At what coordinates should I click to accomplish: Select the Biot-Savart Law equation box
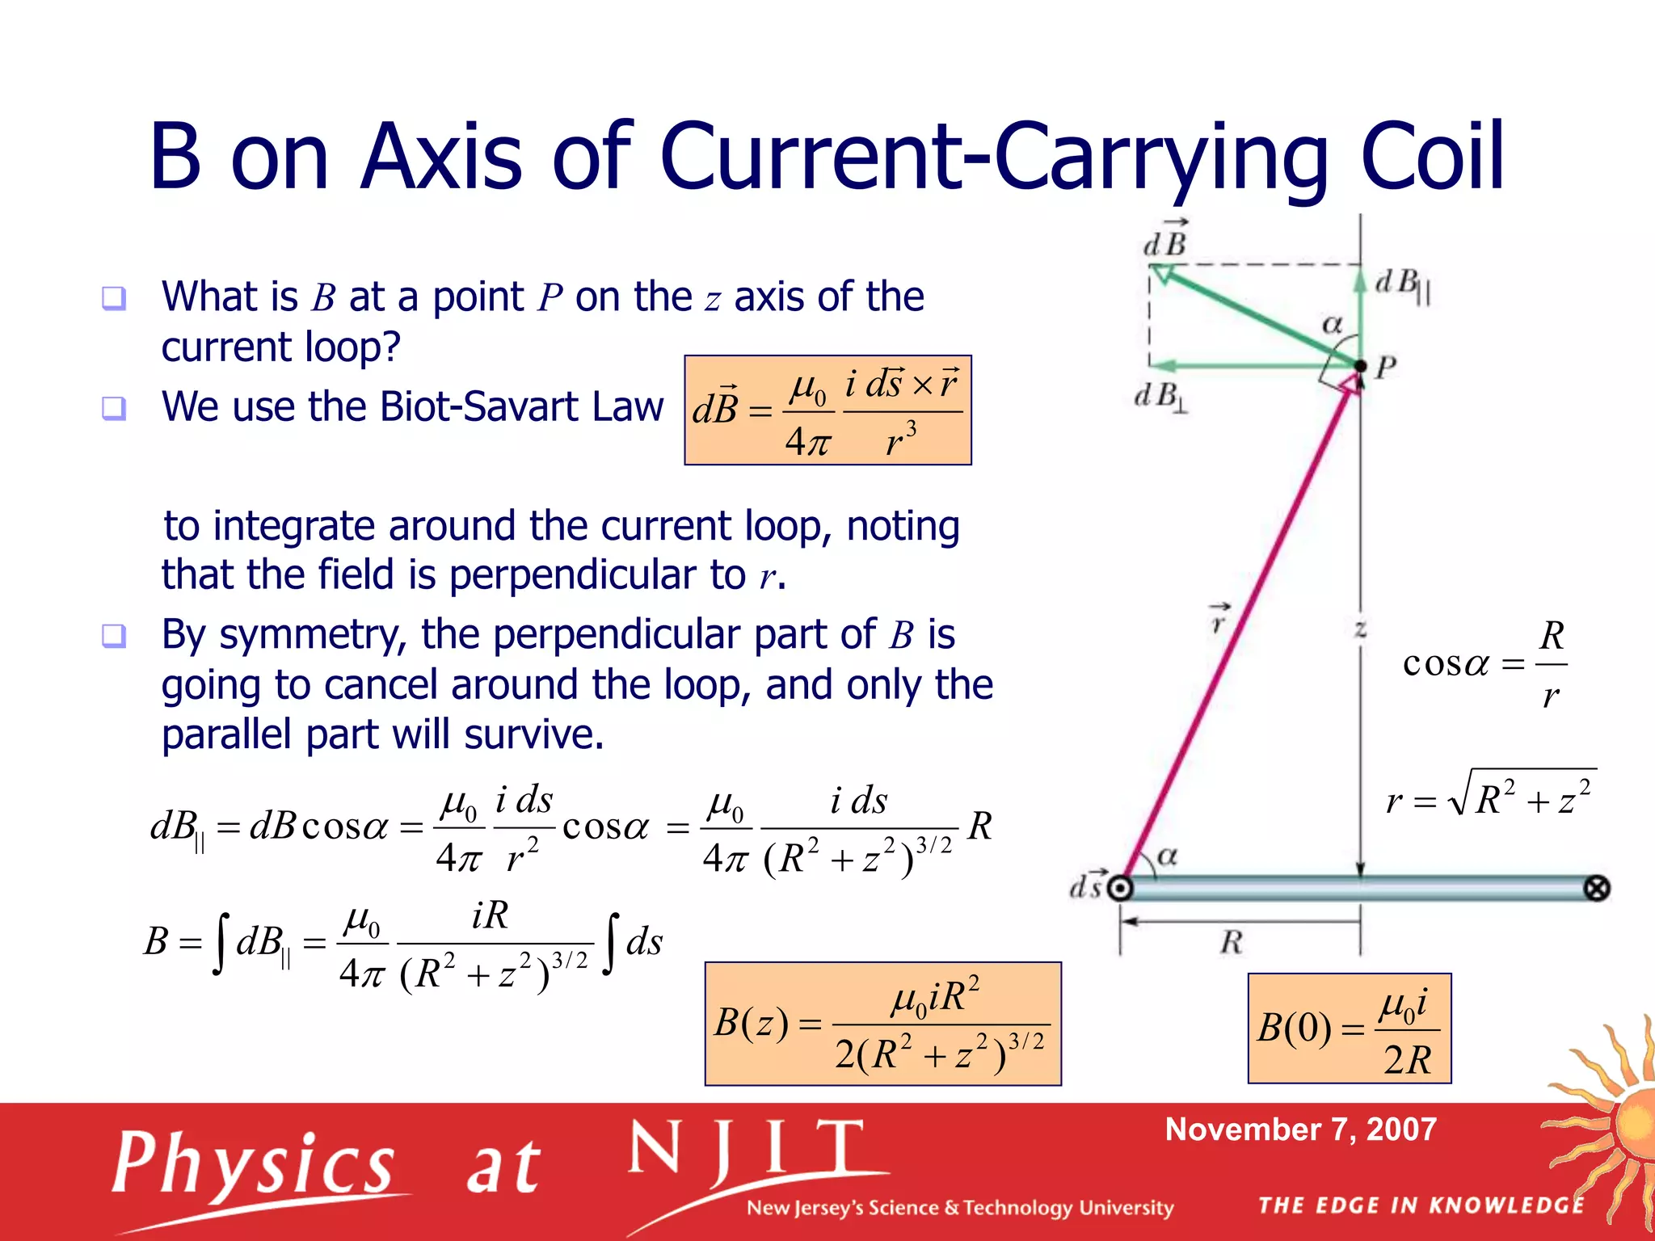click(827, 410)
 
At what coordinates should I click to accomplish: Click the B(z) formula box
click(882, 1024)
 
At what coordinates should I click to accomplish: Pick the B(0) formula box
click(1349, 1029)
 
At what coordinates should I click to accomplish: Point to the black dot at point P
click(1360, 367)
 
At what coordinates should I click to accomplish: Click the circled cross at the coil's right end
click(1596, 889)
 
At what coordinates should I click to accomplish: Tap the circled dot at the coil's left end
click(1120, 889)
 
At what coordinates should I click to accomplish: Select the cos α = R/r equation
click(1484, 664)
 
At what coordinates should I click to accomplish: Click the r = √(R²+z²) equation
click(1489, 796)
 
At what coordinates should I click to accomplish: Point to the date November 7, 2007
click(1300, 1130)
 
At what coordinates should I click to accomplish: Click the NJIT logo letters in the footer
click(747, 1151)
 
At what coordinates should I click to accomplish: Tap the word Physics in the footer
click(254, 1163)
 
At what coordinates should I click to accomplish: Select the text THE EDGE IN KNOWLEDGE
click(1421, 1205)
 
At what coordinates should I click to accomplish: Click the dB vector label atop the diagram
click(1165, 240)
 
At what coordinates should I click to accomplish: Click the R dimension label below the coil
click(1231, 942)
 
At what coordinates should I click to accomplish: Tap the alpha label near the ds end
click(1167, 856)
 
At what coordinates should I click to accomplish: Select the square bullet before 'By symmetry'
click(114, 636)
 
